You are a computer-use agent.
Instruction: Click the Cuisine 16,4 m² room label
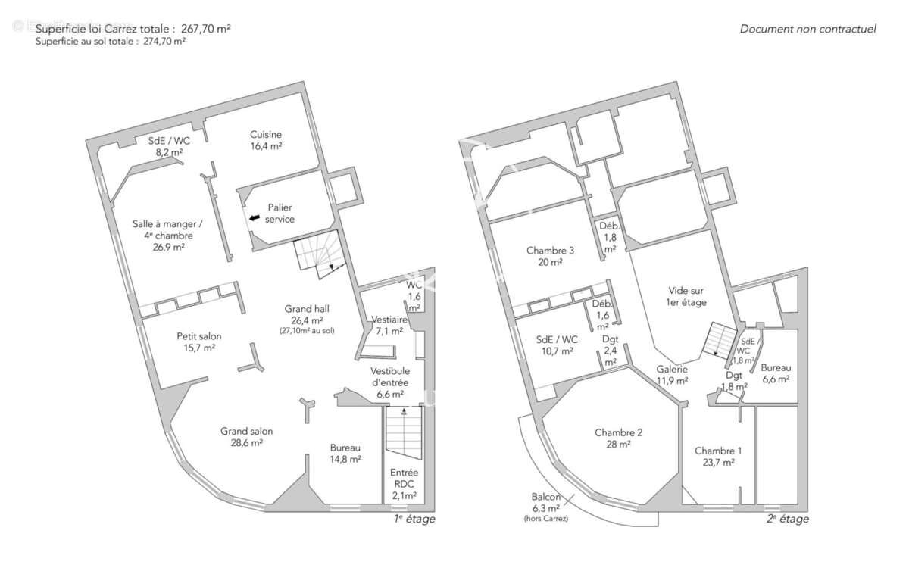pyautogui.click(x=266, y=140)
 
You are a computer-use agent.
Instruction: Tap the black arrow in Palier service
pyautogui.click(x=255, y=218)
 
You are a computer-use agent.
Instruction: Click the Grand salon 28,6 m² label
pyautogui.click(x=246, y=437)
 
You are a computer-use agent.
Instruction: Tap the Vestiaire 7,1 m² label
pyautogui.click(x=389, y=326)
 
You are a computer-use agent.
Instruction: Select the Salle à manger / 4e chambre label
pyautogui.click(x=167, y=236)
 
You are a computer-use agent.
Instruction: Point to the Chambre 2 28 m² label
pyautogui.click(x=618, y=438)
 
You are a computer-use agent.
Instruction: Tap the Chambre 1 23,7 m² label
pyautogui.click(x=718, y=457)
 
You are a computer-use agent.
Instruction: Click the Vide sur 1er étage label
pyautogui.click(x=686, y=296)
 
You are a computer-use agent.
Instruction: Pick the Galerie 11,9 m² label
pyautogui.click(x=672, y=375)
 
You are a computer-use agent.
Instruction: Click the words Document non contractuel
pyautogui.click(x=808, y=29)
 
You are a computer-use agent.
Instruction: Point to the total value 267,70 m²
pyautogui.click(x=206, y=29)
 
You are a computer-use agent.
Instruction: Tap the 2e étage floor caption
pyautogui.click(x=788, y=519)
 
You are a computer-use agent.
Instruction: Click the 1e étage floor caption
pyautogui.click(x=414, y=519)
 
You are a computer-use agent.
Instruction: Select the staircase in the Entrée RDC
pyautogui.click(x=404, y=432)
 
